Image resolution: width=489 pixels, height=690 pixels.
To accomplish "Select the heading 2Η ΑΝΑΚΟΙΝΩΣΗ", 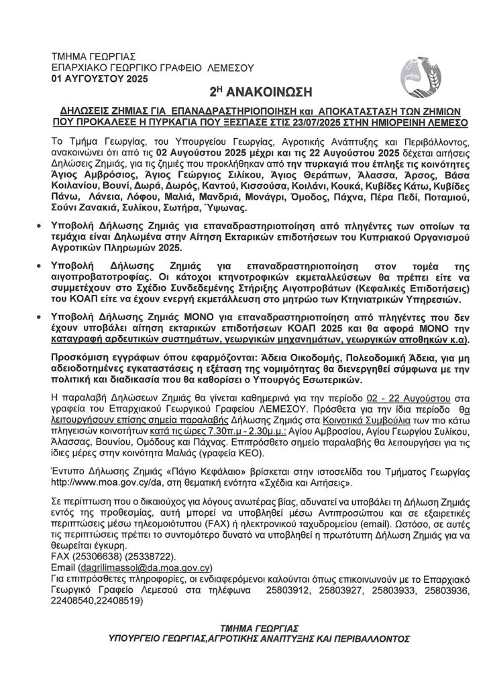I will click(251, 91).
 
